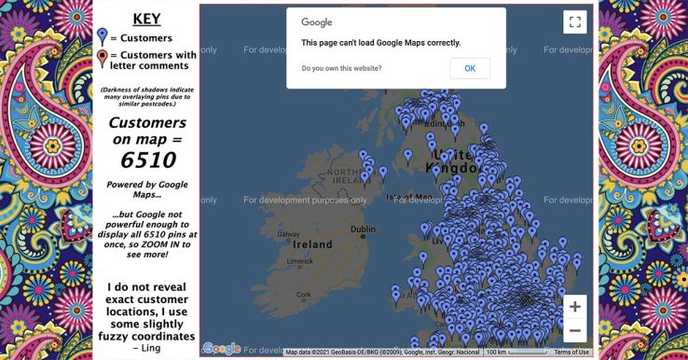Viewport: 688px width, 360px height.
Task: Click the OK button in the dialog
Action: [470, 68]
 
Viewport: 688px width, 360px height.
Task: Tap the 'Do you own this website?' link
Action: [341, 68]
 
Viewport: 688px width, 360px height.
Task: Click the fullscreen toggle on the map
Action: [574, 22]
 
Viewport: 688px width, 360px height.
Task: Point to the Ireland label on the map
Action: [314, 244]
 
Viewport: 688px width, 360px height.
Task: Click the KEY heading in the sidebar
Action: [145, 18]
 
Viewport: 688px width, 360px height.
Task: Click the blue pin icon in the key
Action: [103, 37]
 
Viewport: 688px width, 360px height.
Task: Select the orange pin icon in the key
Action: [103, 60]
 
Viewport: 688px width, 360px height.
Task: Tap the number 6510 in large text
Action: [146, 160]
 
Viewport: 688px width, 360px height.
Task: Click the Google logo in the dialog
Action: [316, 22]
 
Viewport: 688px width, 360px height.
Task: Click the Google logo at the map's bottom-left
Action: [222, 348]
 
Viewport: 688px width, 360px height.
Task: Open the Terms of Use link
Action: [571, 352]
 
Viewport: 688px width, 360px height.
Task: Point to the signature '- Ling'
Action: [146, 348]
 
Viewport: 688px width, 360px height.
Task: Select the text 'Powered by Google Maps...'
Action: [145, 190]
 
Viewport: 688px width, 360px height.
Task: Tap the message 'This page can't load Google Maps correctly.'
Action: [380, 42]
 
